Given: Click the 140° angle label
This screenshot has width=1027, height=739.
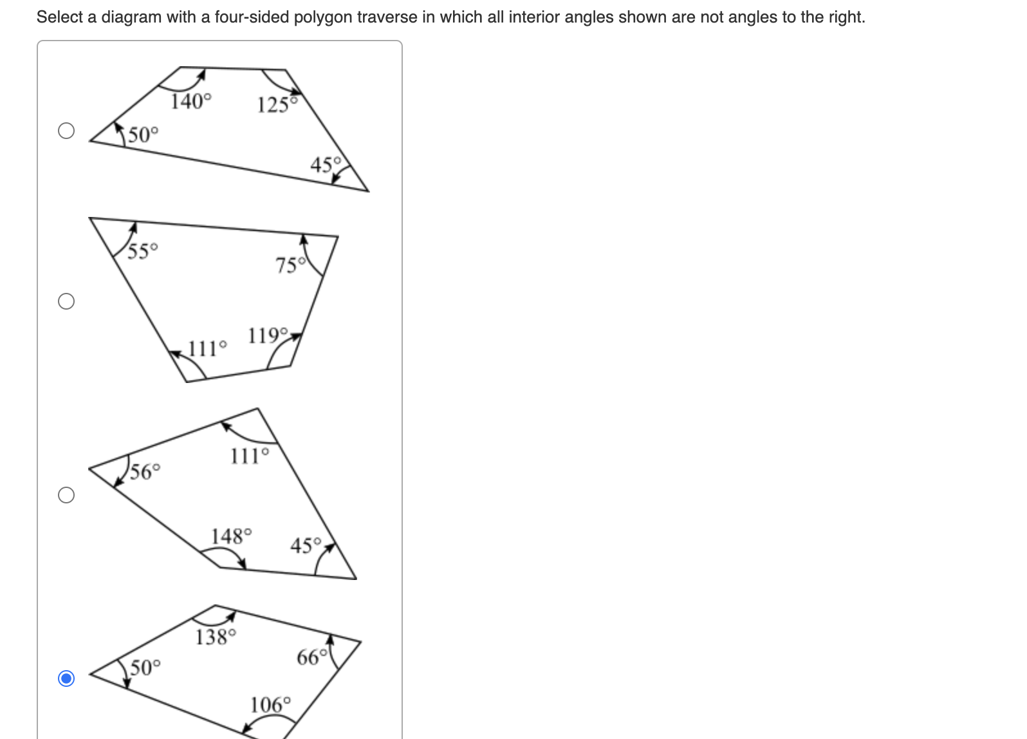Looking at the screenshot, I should click(190, 101).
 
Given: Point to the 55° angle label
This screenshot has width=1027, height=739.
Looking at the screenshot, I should click(142, 250).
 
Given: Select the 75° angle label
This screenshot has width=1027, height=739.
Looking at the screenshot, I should click(290, 265).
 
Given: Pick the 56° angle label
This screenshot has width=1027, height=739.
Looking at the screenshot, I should click(145, 472).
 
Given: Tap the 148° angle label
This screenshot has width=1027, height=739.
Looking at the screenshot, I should click(231, 536).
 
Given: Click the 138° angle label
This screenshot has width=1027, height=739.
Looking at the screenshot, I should click(216, 637).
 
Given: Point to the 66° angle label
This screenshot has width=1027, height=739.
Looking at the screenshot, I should click(312, 657).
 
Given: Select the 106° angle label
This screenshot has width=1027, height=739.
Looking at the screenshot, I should click(270, 705).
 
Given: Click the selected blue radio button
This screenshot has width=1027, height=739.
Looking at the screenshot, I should click(66, 678).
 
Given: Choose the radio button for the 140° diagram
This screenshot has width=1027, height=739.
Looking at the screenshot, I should click(66, 131).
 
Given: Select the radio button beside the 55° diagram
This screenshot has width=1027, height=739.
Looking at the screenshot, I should click(66, 301).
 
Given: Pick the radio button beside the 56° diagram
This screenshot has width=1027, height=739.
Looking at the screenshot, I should click(66, 495).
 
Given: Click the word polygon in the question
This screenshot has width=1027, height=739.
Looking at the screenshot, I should click(323, 17).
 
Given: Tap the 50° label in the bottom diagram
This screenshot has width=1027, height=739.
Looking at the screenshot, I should click(145, 667).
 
